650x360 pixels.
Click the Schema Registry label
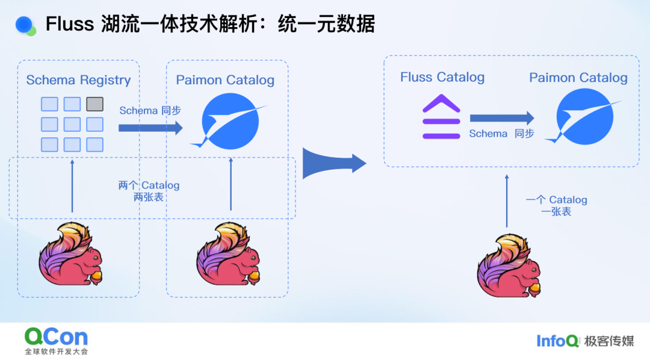click(x=78, y=80)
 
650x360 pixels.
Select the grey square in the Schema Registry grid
click(x=94, y=104)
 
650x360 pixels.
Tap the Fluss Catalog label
click(x=442, y=77)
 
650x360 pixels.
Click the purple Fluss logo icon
click(x=441, y=117)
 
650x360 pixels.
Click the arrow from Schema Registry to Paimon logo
click(x=150, y=128)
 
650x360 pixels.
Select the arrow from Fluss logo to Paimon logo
click(x=501, y=119)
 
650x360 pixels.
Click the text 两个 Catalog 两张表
click(x=149, y=191)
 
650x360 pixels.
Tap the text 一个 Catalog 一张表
click(x=556, y=205)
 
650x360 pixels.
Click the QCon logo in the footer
click(x=56, y=337)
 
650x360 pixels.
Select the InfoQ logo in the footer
click(x=558, y=341)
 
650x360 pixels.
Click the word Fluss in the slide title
click(x=70, y=24)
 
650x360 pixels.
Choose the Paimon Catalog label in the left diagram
click(x=225, y=80)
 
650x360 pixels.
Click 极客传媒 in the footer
click(x=608, y=341)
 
